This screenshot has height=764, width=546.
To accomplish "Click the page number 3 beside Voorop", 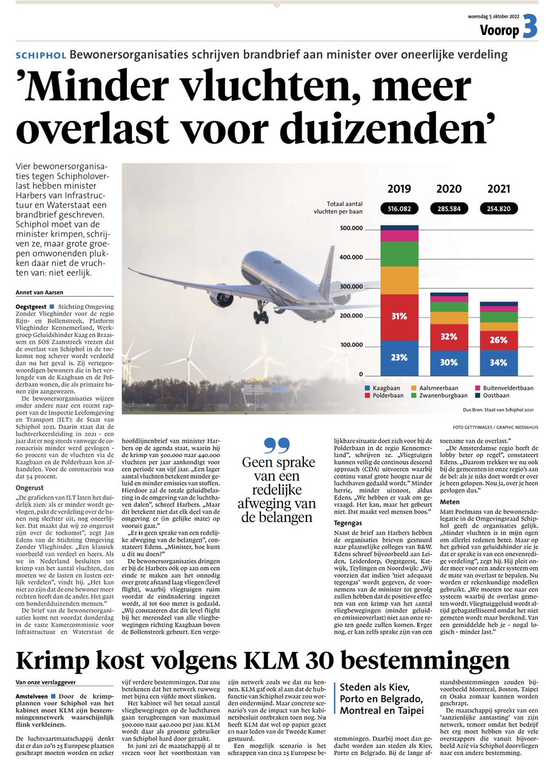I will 530,29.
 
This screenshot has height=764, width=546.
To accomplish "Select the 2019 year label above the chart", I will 399,189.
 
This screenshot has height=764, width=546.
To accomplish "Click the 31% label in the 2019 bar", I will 399,316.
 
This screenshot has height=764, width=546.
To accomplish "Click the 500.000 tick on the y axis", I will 350,229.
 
